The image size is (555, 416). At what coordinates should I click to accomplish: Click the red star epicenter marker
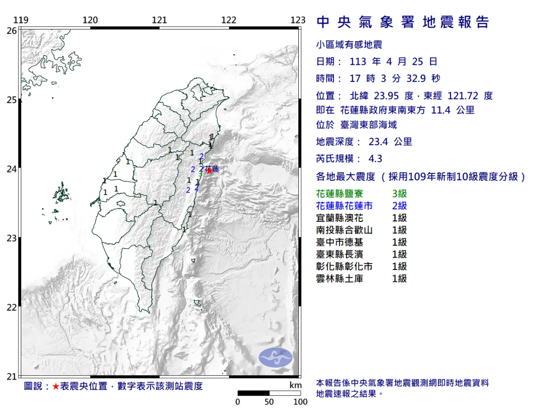(x=210, y=171)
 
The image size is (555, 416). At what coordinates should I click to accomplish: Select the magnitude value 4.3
(x=375, y=159)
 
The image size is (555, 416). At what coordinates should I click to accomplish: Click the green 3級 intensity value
(x=399, y=194)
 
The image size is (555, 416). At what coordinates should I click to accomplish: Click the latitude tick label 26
(x=12, y=31)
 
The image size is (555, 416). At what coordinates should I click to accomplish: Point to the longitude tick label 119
(x=20, y=20)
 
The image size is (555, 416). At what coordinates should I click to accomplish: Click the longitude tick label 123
(x=298, y=20)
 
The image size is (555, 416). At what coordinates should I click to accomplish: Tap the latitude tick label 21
(x=12, y=377)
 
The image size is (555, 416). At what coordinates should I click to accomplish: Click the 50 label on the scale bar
(x=269, y=402)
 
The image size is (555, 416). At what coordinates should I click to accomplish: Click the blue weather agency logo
(x=276, y=358)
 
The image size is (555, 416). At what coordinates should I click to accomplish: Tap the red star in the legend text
(x=55, y=386)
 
